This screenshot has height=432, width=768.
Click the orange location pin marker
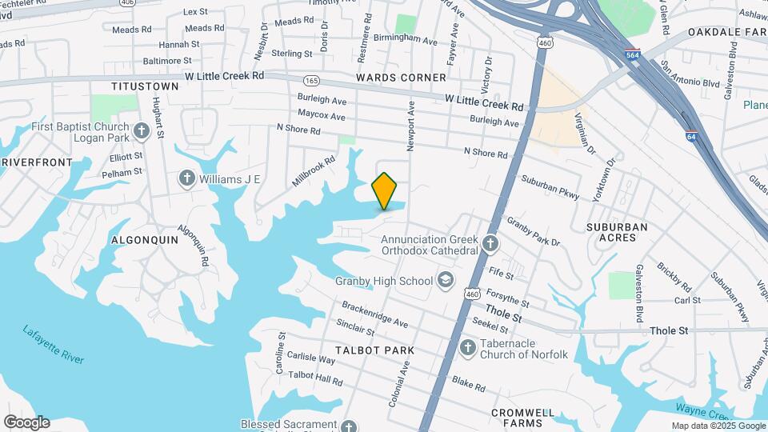pos(385,190)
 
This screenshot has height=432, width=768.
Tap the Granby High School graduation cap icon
pos(446,281)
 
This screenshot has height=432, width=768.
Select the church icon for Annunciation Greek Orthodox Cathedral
pos(490,243)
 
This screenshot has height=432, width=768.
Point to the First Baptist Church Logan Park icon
pos(142,130)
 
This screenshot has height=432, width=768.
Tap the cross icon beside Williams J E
pos(187,178)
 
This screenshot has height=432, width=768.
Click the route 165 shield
pos(311,81)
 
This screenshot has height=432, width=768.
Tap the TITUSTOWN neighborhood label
pos(145,86)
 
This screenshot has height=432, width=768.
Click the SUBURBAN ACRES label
pos(617,232)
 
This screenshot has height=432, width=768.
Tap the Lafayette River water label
pos(54,345)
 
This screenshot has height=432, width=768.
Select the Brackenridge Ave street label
pos(374,314)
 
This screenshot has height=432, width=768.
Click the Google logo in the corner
pos(26,422)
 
